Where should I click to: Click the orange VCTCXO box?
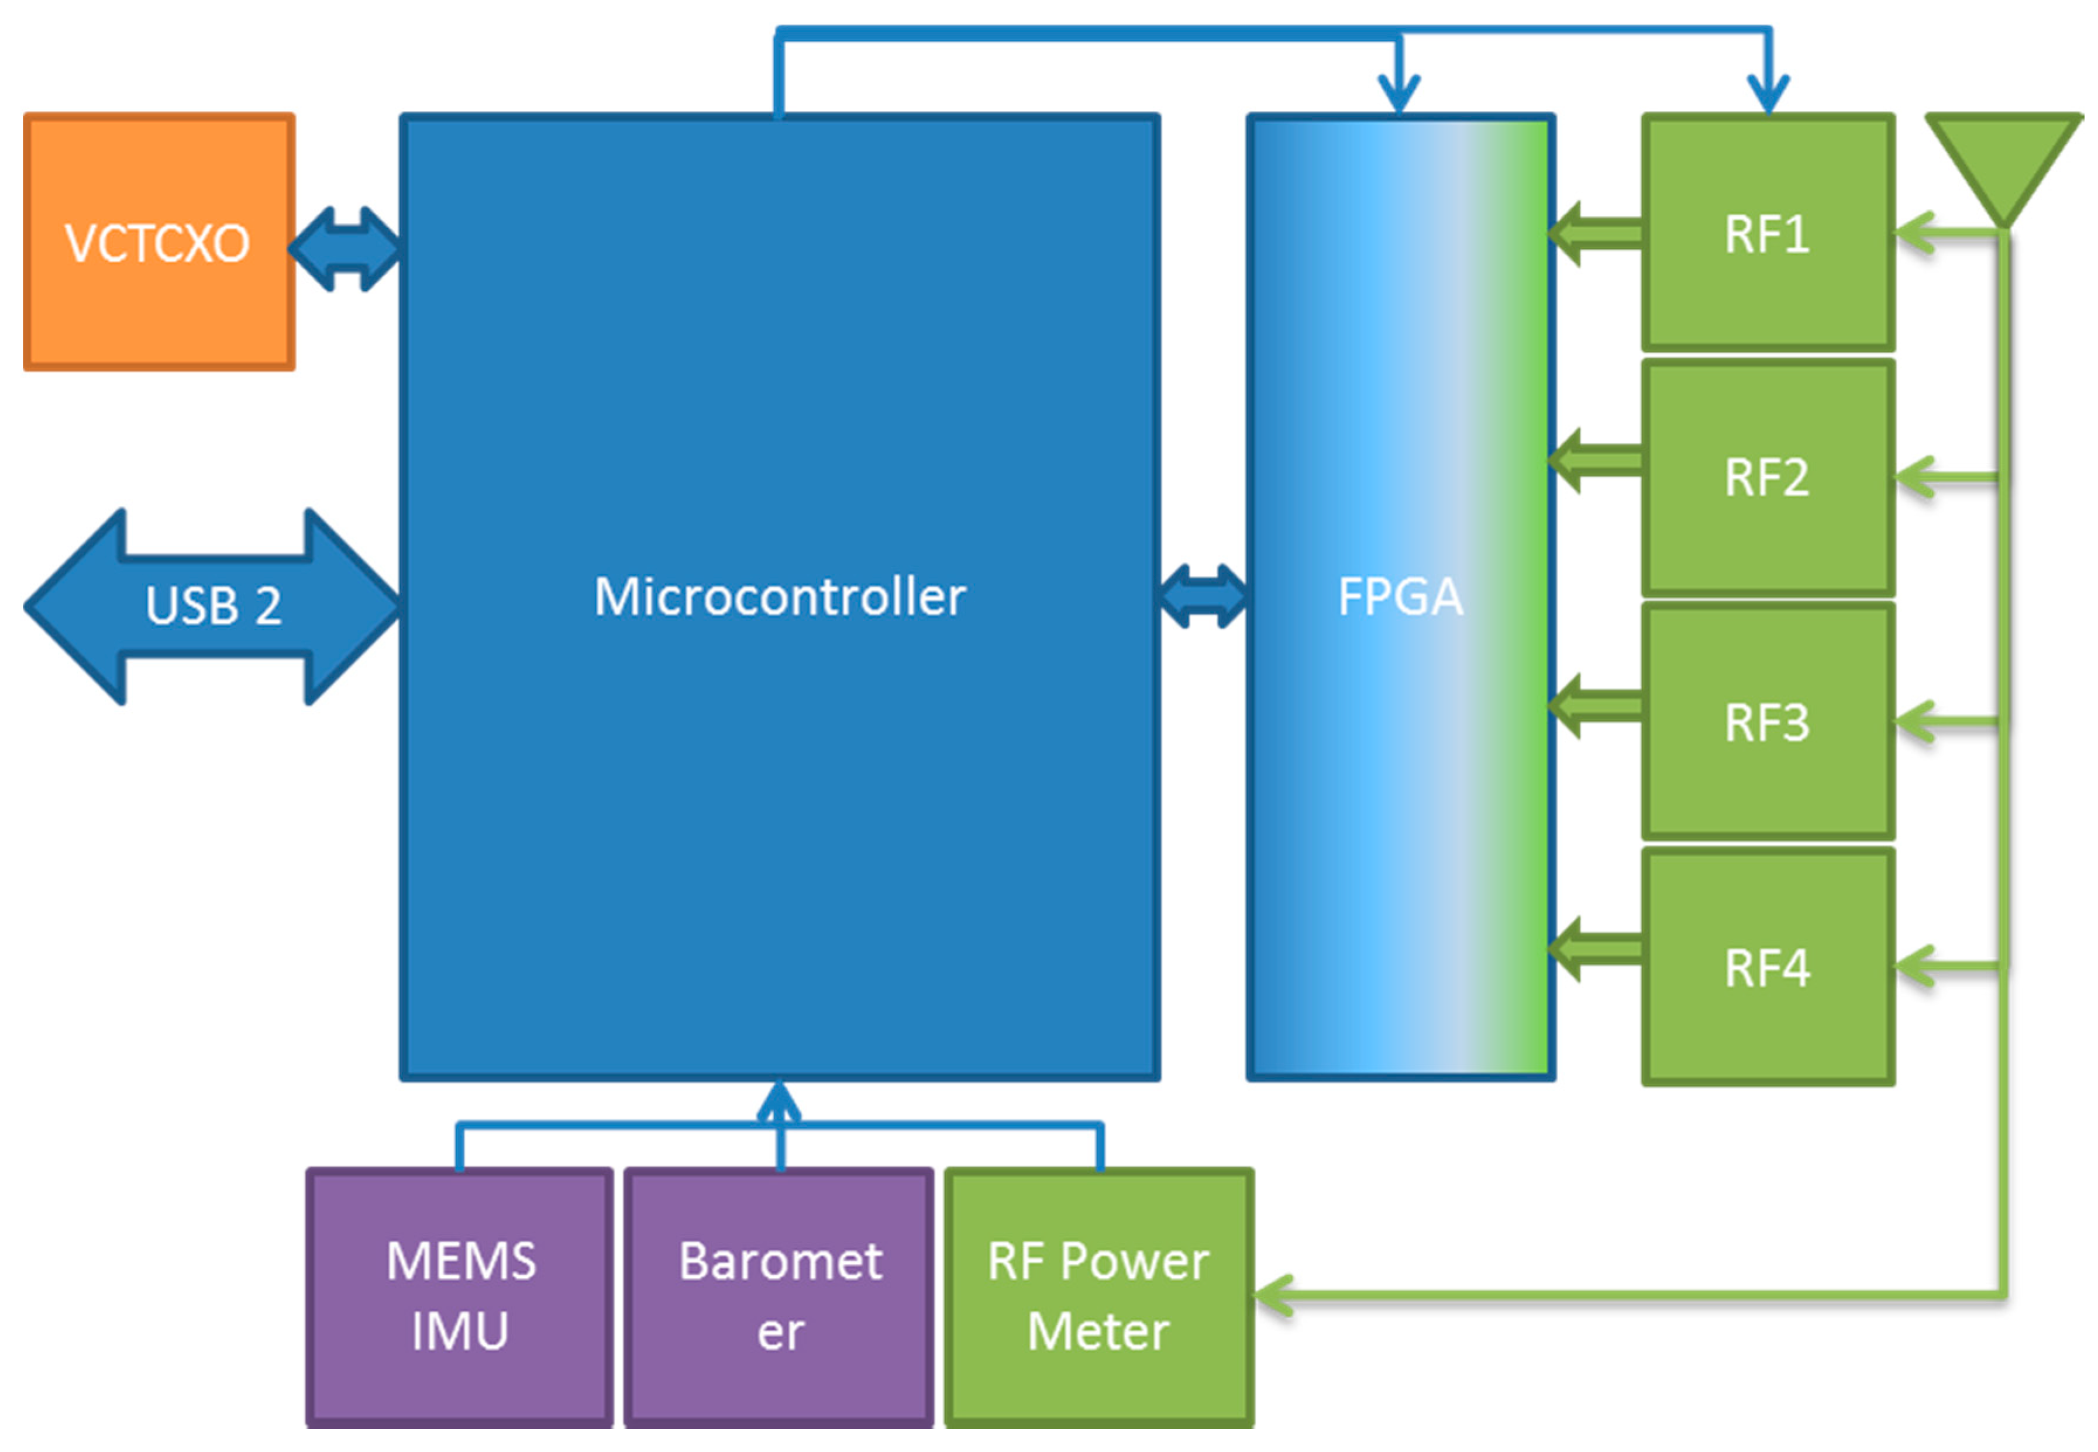click(x=159, y=242)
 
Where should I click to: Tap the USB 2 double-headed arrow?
click(x=212, y=606)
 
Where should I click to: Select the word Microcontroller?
click(x=779, y=598)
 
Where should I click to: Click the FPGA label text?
click(x=1399, y=598)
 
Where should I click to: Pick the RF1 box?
click(x=1767, y=233)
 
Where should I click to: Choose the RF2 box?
click(x=1767, y=478)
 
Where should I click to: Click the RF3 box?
click(x=1767, y=722)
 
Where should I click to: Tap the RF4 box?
click(x=1767, y=967)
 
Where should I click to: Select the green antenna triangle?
click(x=2003, y=159)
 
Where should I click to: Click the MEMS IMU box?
click(x=460, y=1296)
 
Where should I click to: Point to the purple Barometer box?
click(x=779, y=1296)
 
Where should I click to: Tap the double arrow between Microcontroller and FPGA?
click(x=1203, y=597)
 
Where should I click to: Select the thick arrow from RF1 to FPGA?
click(x=1597, y=233)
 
